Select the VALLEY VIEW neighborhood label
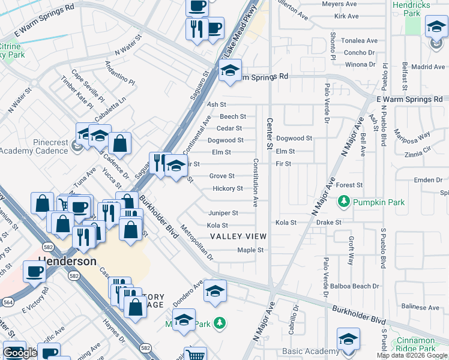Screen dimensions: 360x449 click(x=238, y=236)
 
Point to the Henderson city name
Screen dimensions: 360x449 click(x=67, y=262)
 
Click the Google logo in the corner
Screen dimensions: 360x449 click(x=20, y=353)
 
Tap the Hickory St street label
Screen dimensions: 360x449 click(x=228, y=188)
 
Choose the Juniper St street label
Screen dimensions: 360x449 click(x=223, y=213)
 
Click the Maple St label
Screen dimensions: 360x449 click(x=251, y=250)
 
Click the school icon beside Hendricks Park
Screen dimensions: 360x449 click(x=436, y=27)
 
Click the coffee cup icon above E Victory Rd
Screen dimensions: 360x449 click(x=34, y=271)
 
